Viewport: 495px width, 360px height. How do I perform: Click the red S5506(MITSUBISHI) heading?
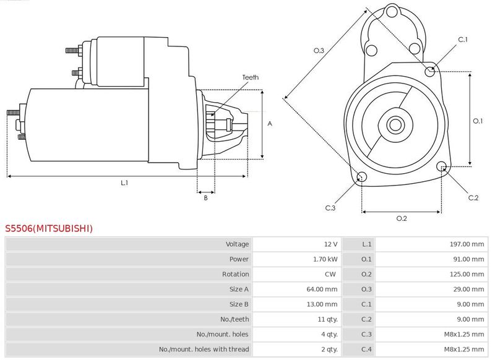click(x=49, y=228)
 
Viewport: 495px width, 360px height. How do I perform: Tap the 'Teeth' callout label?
click(x=251, y=77)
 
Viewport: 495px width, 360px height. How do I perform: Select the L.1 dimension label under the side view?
click(x=124, y=182)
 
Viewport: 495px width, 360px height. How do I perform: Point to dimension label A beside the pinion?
click(x=270, y=124)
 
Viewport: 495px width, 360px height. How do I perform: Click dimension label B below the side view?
click(x=206, y=198)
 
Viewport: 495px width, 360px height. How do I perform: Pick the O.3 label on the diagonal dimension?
click(x=319, y=51)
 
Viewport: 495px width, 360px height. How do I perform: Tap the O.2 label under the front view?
click(x=402, y=218)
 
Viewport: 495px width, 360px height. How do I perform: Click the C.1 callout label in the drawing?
click(x=463, y=40)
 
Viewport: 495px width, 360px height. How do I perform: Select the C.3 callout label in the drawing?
click(x=330, y=208)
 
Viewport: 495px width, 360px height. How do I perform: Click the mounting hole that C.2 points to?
click(x=442, y=166)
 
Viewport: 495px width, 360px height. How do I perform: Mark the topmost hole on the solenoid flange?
click(x=392, y=12)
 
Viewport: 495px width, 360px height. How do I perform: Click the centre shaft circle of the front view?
click(x=395, y=124)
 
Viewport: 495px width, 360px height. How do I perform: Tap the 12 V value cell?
click(x=330, y=244)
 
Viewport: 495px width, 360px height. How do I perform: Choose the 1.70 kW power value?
click(x=325, y=259)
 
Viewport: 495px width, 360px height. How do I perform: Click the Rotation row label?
click(x=236, y=274)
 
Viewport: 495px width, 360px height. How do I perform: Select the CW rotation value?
click(x=330, y=274)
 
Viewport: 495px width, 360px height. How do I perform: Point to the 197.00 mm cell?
click(x=467, y=244)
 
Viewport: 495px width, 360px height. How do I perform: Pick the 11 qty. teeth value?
click(x=328, y=319)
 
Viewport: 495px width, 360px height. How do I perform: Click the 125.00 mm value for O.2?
click(x=467, y=274)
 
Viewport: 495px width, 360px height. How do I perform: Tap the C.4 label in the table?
click(x=366, y=349)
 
